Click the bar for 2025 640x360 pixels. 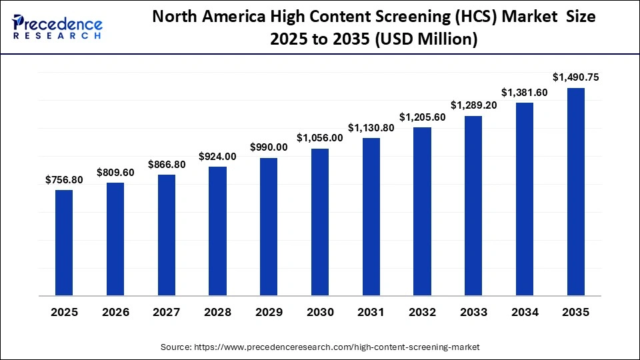pos(64,243)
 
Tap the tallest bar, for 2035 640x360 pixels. pos(576,192)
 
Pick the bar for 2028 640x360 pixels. pos(217,231)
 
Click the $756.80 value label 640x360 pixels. pos(64,180)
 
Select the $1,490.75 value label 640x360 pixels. pos(576,77)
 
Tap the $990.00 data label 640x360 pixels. pos(269,147)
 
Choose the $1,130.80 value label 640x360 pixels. pos(371,127)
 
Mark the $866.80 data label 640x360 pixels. pos(167,164)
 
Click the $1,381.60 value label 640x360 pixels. pos(525,93)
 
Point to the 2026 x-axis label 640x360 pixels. pos(115,313)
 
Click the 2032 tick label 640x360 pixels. pos(423,313)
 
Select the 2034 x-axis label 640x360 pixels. pos(525,313)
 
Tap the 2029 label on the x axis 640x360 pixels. pos(269,313)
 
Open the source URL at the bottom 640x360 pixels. pos(320,347)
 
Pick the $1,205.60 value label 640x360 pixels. pos(423,117)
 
